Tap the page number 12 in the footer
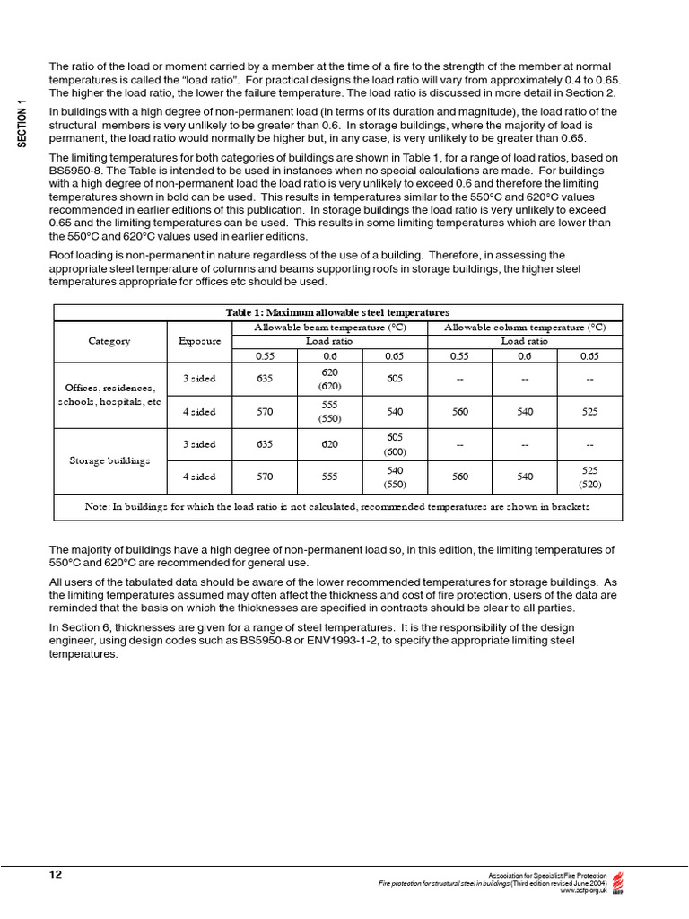[x=55, y=873]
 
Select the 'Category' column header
[x=109, y=341]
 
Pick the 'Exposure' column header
[x=199, y=341]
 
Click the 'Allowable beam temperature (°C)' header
[x=329, y=328]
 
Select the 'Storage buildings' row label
[x=109, y=460]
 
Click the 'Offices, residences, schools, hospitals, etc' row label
[x=109, y=395]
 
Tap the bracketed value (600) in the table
[x=395, y=451]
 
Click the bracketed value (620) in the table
[x=329, y=386]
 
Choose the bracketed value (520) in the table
[x=589, y=484]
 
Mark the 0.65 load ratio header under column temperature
[x=589, y=355]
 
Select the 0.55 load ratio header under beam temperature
[x=264, y=355]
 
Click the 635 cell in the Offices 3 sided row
[x=264, y=379]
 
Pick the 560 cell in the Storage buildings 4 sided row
[x=459, y=477]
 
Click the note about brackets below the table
[x=337, y=506]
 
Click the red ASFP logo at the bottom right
[x=617, y=882]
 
